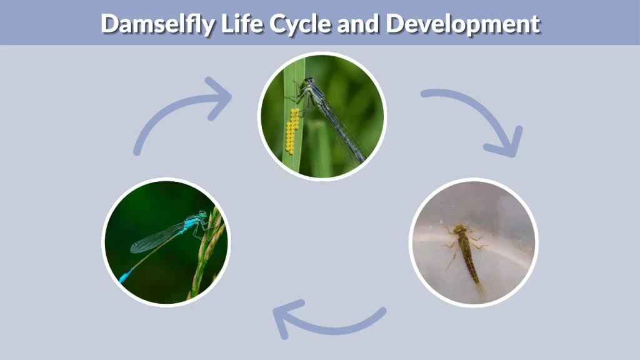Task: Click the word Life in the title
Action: click(x=242, y=24)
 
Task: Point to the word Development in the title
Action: click(x=462, y=24)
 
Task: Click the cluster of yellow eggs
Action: click(x=292, y=131)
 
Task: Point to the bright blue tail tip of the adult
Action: click(x=125, y=276)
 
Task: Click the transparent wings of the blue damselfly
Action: click(x=156, y=238)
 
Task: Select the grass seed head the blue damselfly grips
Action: click(x=209, y=250)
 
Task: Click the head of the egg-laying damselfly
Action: click(x=309, y=81)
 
